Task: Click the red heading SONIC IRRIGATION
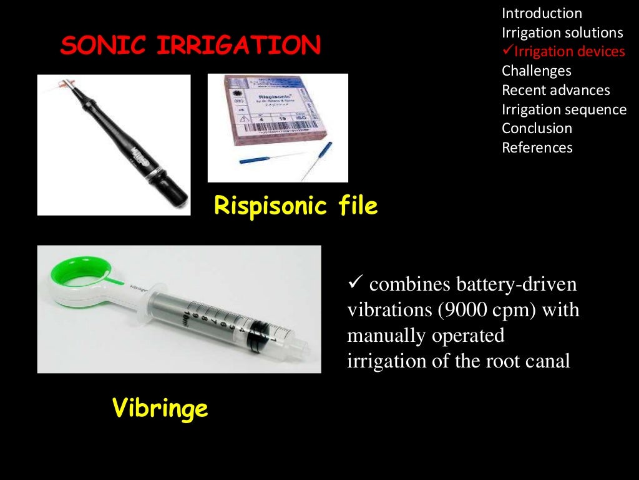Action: click(x=190, y=45)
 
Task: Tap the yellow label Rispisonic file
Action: click(x=295, y=206)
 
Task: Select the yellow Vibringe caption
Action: click(x=160, y=409)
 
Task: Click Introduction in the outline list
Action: click(x=542, y=13)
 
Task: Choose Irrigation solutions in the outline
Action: click(x=562, y=32)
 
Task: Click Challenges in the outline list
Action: click(x=536, y=71)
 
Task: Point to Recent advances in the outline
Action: click(x=555, y=90)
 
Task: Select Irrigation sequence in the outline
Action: click(x=563, y=109)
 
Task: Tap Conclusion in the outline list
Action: click(x=537, y=128)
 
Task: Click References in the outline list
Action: click(x=537, y=147)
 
